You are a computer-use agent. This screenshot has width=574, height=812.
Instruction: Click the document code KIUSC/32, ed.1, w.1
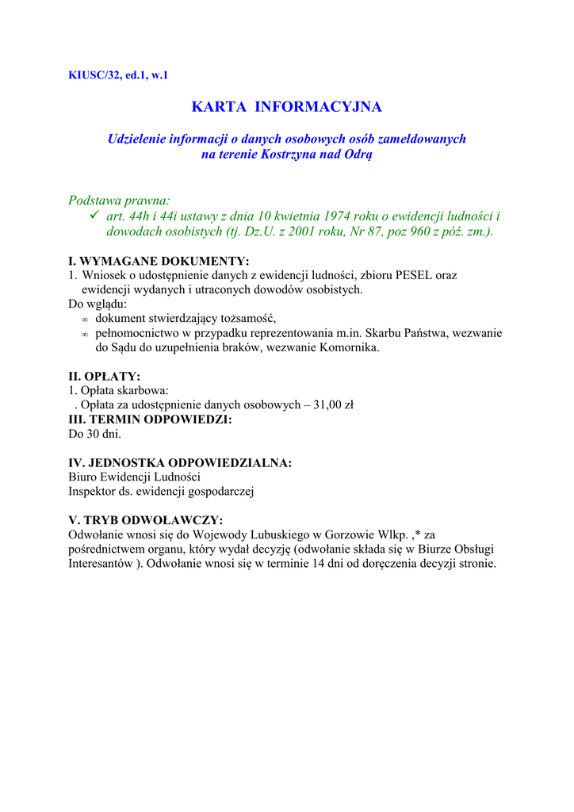coord(119,76)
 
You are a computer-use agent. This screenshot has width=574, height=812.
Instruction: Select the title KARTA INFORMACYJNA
coord(287,106)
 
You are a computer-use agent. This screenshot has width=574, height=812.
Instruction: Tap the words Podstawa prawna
coord(119,201)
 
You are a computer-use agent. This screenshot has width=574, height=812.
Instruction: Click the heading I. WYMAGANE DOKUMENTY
coord(159,261)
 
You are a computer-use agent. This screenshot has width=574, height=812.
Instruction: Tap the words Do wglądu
coord(98,304)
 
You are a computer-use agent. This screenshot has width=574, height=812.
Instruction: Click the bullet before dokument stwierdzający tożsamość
coord(85,320)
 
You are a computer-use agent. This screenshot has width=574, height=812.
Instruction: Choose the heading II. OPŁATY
coord(105,376)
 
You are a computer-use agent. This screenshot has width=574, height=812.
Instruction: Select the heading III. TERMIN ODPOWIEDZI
coord(151,419)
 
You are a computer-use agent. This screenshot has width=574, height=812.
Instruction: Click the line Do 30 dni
coord(95,434)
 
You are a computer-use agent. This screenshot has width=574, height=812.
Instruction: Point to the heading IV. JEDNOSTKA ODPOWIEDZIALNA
coord(180,462)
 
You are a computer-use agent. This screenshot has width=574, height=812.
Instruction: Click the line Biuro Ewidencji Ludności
coord(135,477)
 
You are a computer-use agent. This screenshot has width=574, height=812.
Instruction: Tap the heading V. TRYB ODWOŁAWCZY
coord(146,520)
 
